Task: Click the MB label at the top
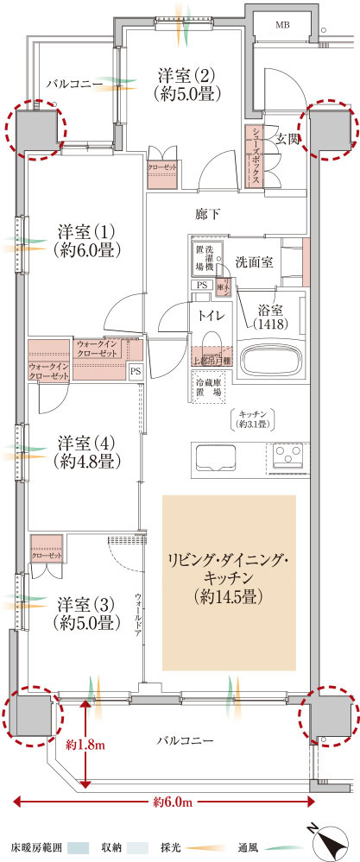tap(284, 26)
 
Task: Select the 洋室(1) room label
tap(87, 241)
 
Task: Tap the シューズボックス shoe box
tap(257, 155)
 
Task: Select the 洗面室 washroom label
tap(256, 261)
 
